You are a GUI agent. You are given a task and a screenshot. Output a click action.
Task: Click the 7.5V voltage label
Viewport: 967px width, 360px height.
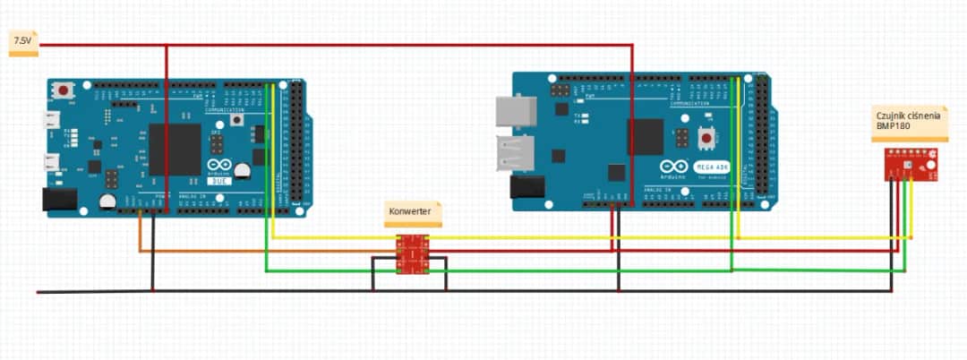click(x=22, y=41)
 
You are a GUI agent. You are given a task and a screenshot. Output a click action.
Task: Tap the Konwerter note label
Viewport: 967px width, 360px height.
click(x=409, y=212)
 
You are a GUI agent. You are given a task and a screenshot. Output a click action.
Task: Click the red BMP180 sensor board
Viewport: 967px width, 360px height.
click(x=910, y=164)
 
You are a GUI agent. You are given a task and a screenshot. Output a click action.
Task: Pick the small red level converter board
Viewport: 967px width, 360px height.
click(x=412, y=251)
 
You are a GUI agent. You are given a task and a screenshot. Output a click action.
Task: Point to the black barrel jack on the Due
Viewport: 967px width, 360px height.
click(x=60, y=199)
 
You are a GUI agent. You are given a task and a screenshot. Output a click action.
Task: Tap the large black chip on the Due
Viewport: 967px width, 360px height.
click(x=175, y=148)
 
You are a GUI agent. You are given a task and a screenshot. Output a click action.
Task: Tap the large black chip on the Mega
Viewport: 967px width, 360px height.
click(x=645, y=136)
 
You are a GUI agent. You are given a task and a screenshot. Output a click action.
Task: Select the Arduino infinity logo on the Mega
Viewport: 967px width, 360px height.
click(x=674, y=166)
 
